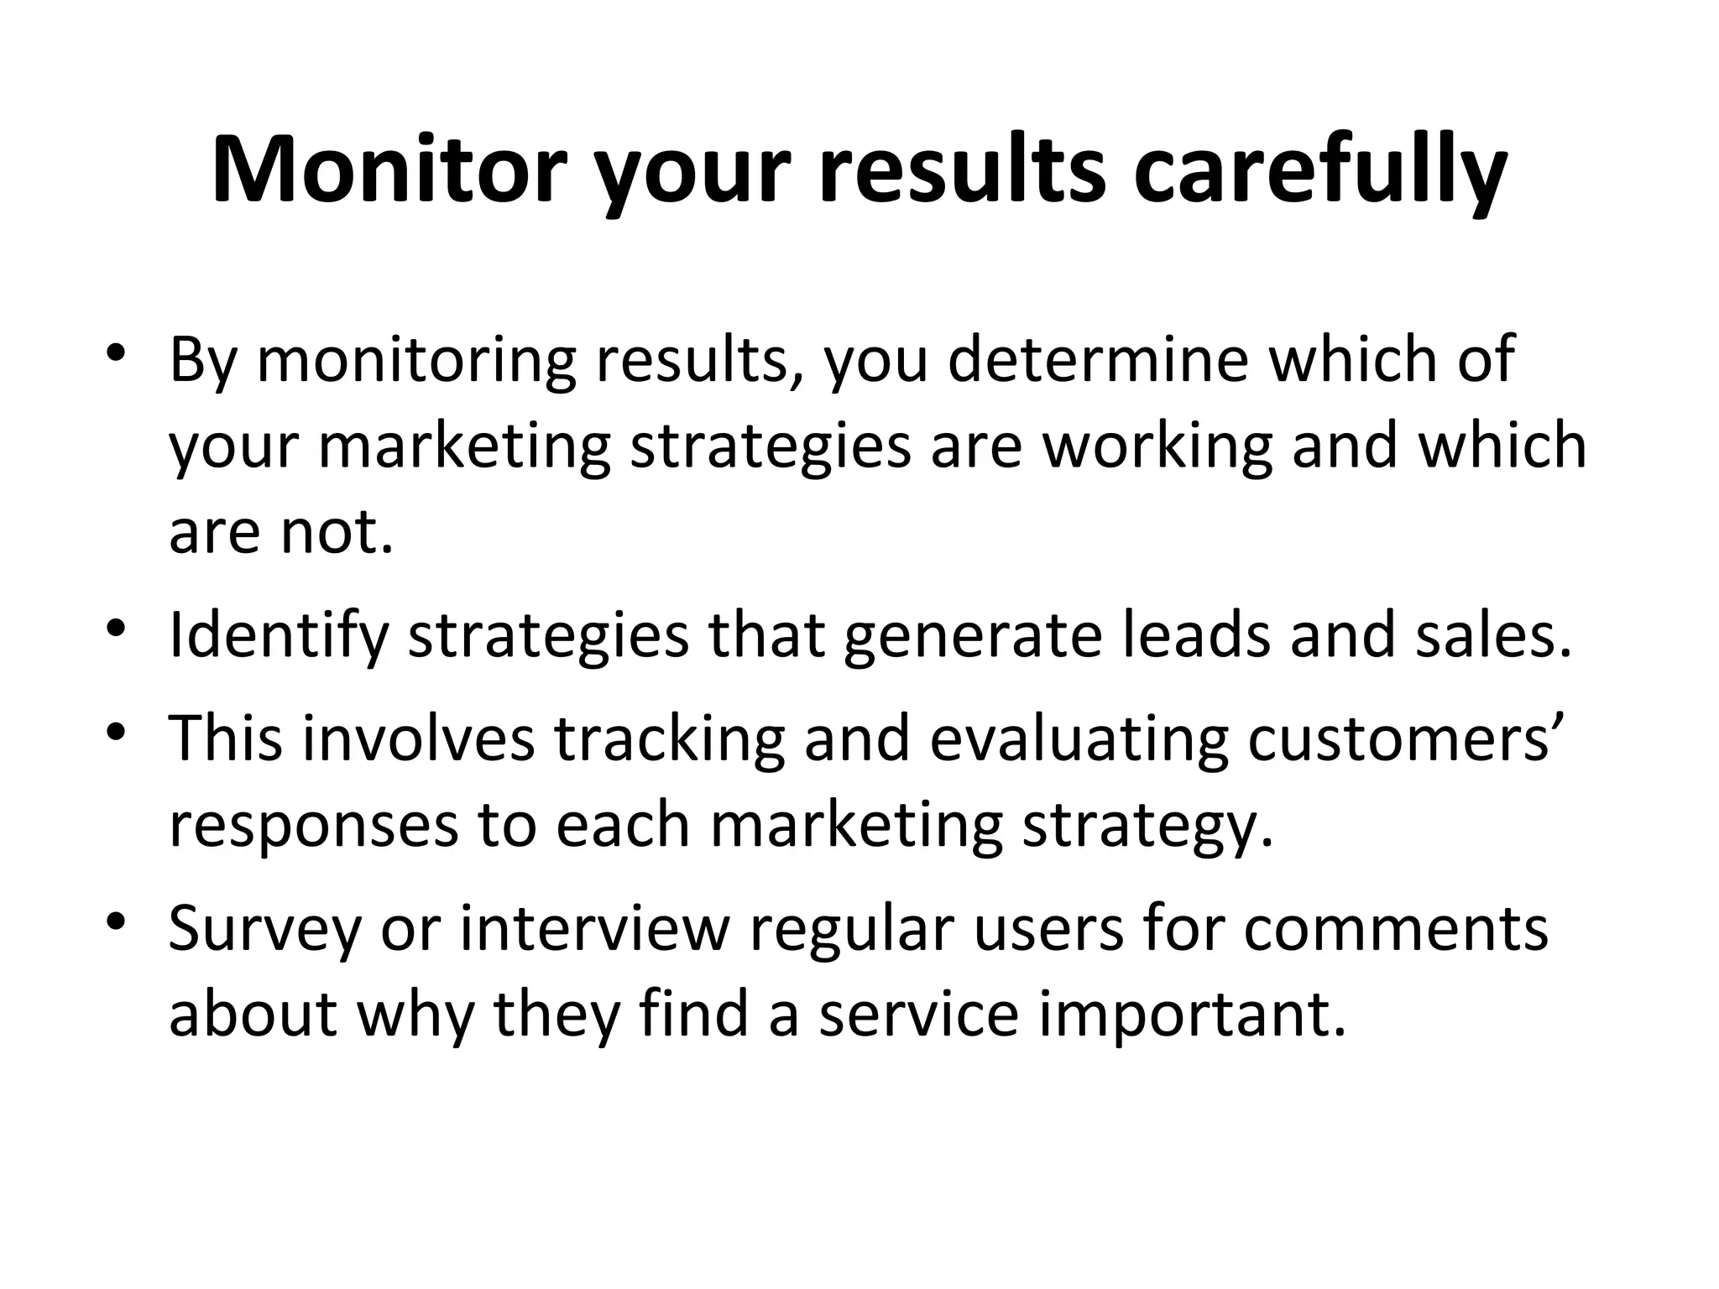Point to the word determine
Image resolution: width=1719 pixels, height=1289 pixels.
click(x=1099, y=359)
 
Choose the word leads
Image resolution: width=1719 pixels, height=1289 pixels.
click(x=1195, y=634)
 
